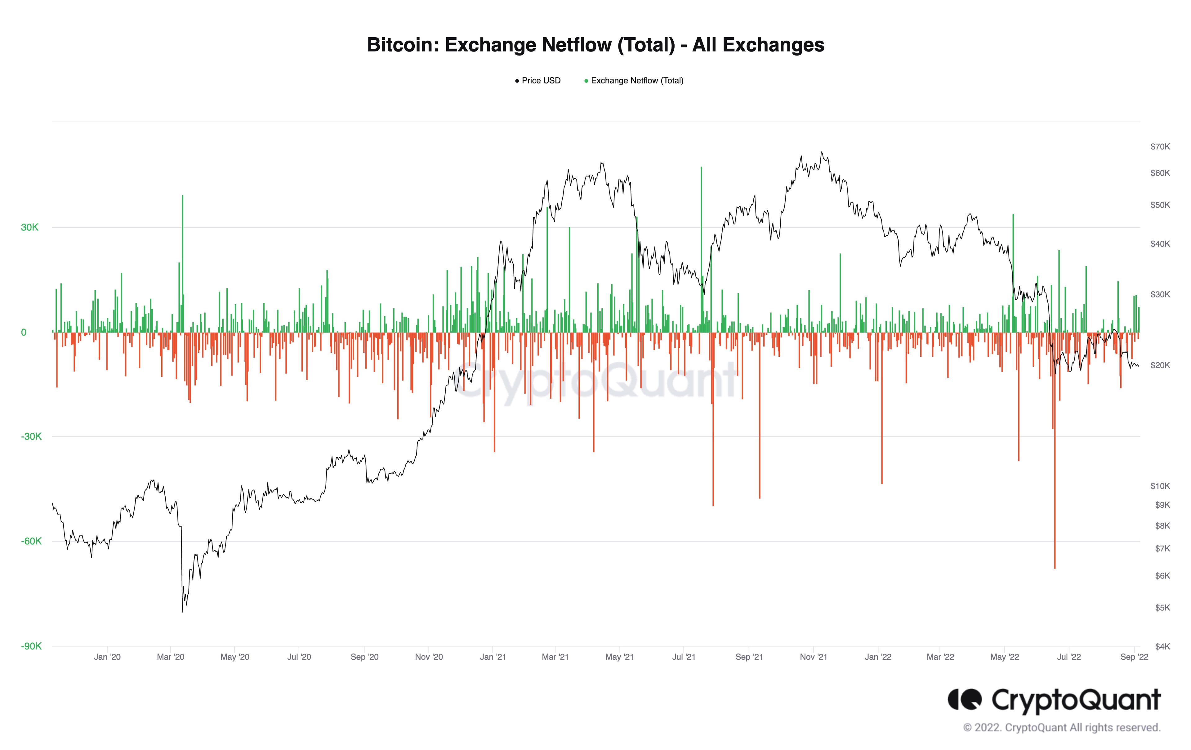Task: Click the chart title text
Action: tap(595, 45)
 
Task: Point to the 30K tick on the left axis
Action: tap(30, 228)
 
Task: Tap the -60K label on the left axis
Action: tap(31, 541)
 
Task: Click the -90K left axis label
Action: tap(31, 646)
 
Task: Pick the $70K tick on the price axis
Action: tap(1160, 146)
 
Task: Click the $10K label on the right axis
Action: tap(1160, 486)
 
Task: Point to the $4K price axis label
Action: tap(1162, 646)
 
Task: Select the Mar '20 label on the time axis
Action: tap(170, 657)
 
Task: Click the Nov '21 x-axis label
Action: tap(813, 657)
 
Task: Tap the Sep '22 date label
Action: tap(1134, 657)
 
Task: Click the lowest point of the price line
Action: tap(182, 611)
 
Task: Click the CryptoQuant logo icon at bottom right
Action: tap(965, 699)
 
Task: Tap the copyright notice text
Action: tap(1061, 728)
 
